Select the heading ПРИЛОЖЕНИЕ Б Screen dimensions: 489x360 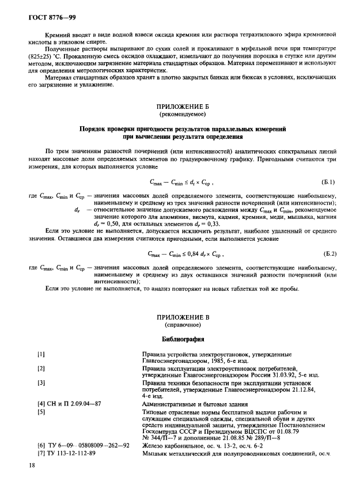tap(180, 107)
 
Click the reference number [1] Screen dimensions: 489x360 tap(41, 354)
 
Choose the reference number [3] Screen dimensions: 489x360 tap(41, 382)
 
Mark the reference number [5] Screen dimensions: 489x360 tap(41, 412)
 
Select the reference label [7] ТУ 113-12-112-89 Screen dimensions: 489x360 tap(66, 453)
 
